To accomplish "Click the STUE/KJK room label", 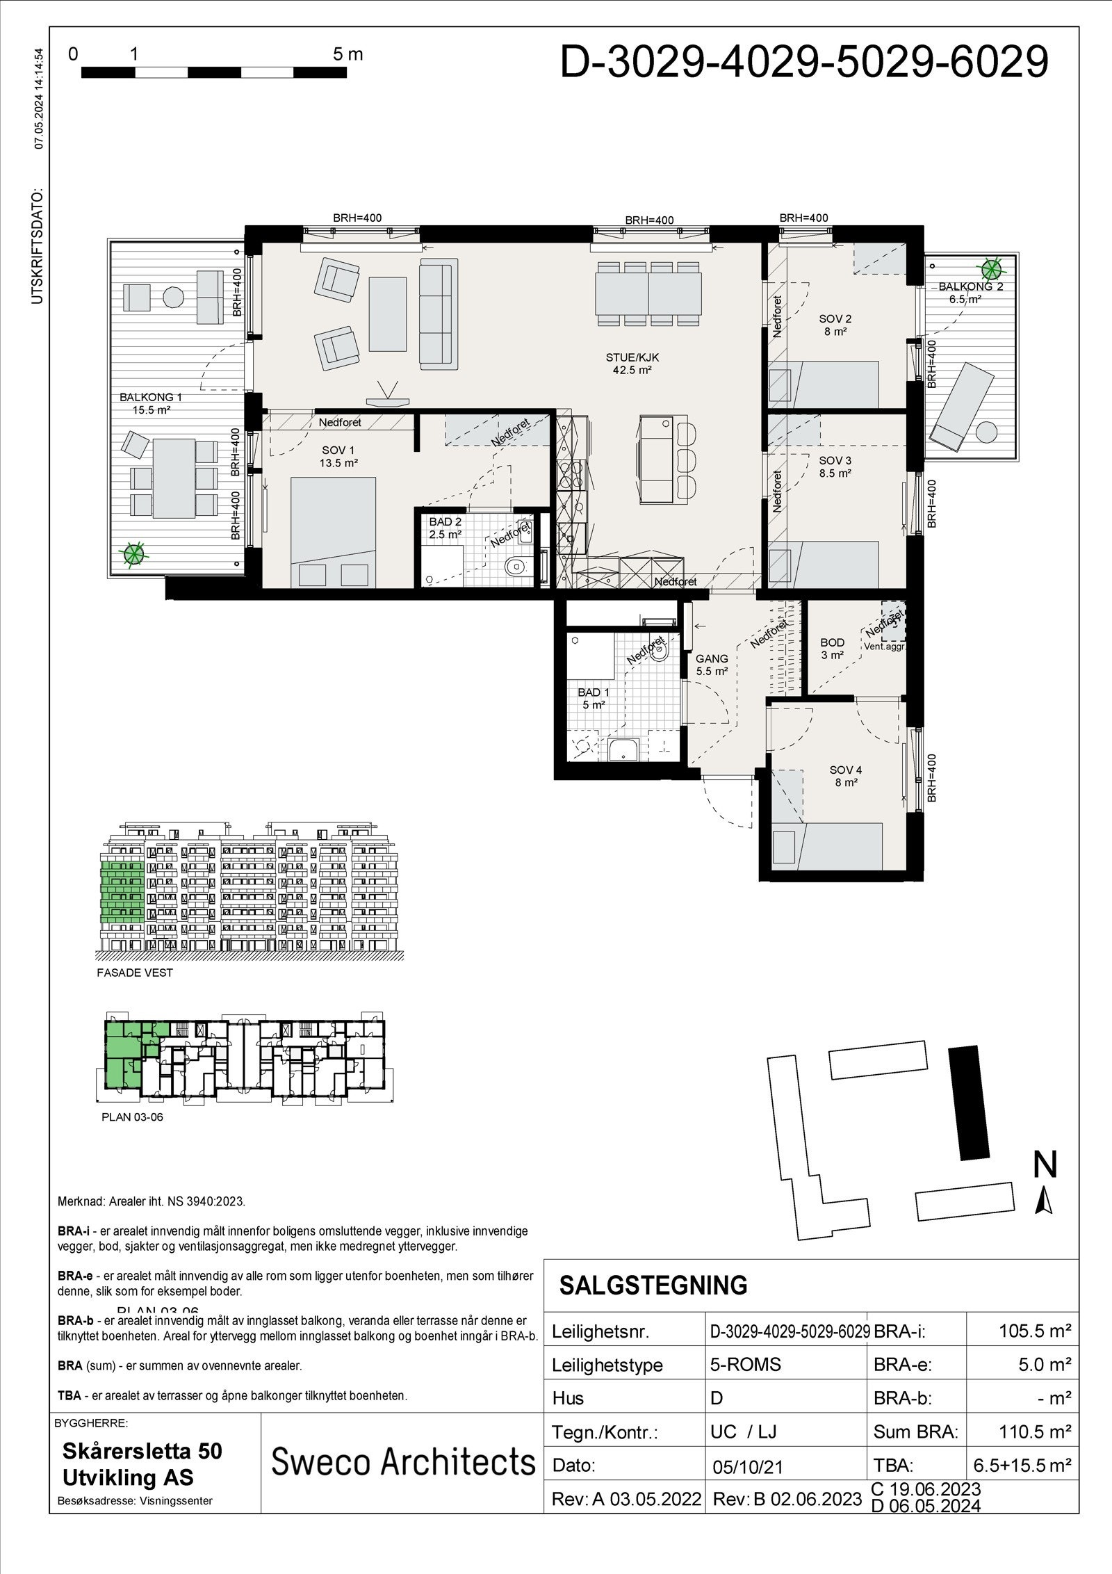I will tap(632, 364).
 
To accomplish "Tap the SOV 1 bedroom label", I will tap(338, 457).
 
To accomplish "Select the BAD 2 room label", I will tap(445, 528).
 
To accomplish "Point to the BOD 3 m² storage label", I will tap(832, 649).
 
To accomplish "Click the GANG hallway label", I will tap(712, 665).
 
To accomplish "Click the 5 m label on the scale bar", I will tap(347, 54).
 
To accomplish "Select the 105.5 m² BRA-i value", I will tap(1034, 1331).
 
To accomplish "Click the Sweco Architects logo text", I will tap(402, 1461).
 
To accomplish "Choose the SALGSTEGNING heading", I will tap(653, 1285).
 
